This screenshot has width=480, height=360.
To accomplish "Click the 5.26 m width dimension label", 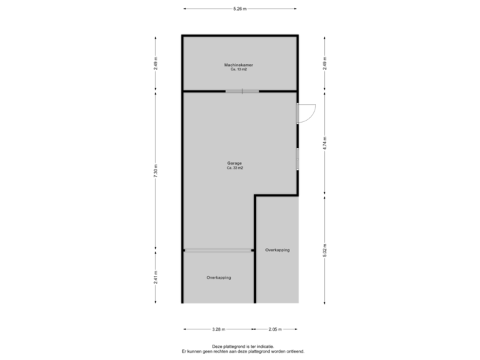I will coord(239,9).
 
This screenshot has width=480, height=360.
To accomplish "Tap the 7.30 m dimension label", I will coord(156,171).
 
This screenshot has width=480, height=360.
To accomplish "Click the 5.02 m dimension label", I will coord(325,250).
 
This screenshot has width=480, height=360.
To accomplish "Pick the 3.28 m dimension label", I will coord(218,329).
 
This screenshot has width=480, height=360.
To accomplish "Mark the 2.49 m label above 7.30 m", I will coord(156,63).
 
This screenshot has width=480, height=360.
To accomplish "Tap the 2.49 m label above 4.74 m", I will coord(325,63).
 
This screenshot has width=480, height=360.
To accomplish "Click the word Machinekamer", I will coord(239,65).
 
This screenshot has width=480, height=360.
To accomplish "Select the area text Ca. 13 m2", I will coord(239,69).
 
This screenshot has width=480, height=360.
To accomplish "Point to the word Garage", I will coord(234,163).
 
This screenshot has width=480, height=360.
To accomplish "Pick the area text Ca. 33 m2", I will coord(234,168).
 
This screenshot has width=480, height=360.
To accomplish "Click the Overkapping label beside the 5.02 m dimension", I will coord(277,250).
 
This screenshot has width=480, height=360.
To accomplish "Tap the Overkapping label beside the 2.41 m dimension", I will coord(219,277).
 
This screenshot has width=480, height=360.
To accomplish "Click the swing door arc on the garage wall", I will coord(308,114).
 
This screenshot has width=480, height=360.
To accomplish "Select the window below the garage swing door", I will coord(298,159).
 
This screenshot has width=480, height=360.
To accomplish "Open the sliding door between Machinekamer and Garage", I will coord(241,91).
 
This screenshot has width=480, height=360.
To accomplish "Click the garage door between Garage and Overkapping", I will coord(219,250).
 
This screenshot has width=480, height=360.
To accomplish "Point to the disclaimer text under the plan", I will coord(239,349).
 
